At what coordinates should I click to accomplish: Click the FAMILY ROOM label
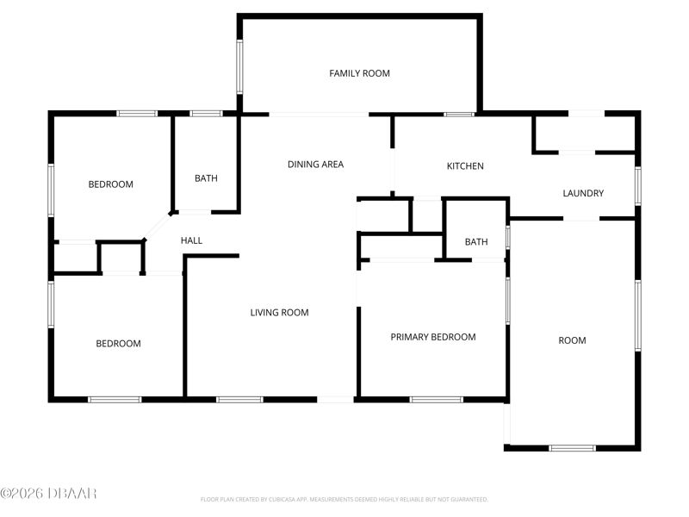[x=359, y=73]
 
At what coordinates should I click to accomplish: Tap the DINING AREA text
[x=315, y=165]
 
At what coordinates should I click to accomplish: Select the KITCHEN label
[x=465, y=166]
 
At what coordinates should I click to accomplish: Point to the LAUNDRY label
[x=583, y=193]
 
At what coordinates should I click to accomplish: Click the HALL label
[x=191, y=240]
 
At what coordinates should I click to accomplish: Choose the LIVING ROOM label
[x=279, y=313]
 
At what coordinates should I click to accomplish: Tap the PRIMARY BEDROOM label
[x=433, y=337]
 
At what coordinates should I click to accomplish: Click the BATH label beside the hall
[x=206, y=178]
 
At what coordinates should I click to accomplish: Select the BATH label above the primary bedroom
[x=476, y=242]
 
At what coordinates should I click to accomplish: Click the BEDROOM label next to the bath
[x=111, y=184]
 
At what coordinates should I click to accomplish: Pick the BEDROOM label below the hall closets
[x=118, y=343]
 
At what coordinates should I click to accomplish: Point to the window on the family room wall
[x=239, y=67]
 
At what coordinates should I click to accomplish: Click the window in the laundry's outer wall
[x=638, y=186]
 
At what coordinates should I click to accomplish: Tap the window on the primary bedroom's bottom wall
[x=437, y=400]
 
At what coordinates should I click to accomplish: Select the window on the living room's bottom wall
[x=239, y=400]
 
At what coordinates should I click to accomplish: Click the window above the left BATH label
[x=206, y=114]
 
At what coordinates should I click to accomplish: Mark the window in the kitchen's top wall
[x=459, y=115]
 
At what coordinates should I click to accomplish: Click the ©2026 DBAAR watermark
[x=48, y=493]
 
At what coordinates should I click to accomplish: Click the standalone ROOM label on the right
[x=572, y=340]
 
